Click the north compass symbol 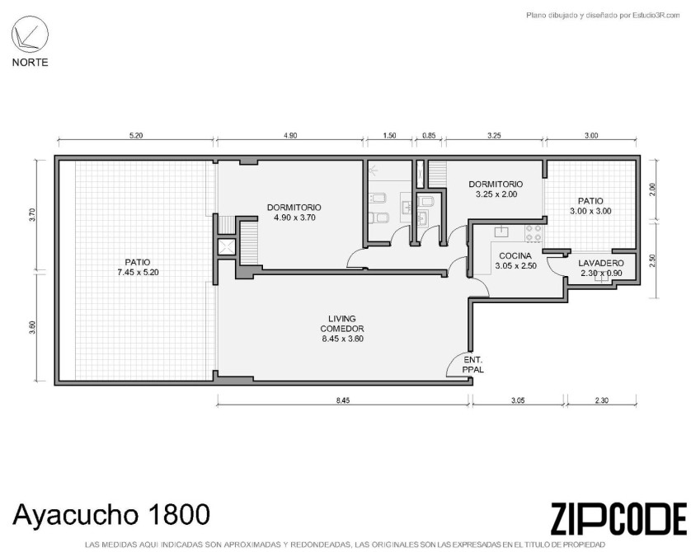(30, 35)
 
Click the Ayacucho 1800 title (111, 514)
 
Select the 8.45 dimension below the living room (343, 400)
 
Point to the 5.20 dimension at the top (136, 136)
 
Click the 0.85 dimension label (429, 136)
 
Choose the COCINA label (515, 256)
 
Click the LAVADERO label (601, 264)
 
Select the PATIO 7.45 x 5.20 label (138, 267)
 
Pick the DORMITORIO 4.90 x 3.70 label (294, 213)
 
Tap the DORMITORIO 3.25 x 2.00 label (496, 189)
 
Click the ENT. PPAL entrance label (472, 365)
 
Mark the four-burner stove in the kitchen (534, 233)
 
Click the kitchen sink (501, 232)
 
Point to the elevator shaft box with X (227, 247)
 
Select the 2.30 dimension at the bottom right (602, 400)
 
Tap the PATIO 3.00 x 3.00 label (590, 206)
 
